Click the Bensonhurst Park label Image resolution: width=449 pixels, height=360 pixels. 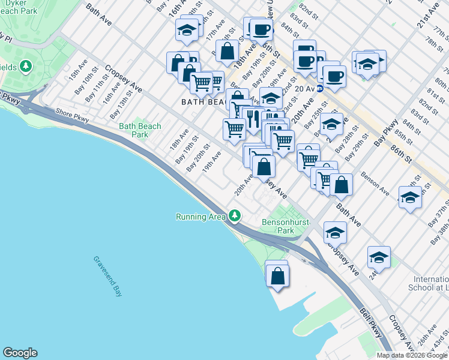pos(286,226)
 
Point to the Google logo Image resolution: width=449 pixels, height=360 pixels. pos(20,353)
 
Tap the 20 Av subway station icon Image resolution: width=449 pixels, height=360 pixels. pos(320,88)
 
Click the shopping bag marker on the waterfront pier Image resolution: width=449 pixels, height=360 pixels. pos(277,277)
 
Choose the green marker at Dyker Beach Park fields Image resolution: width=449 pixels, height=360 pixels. pos(26,65)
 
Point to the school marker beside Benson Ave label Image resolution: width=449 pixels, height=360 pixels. pos(410,197)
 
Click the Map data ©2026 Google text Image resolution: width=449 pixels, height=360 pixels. pos(411,355)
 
